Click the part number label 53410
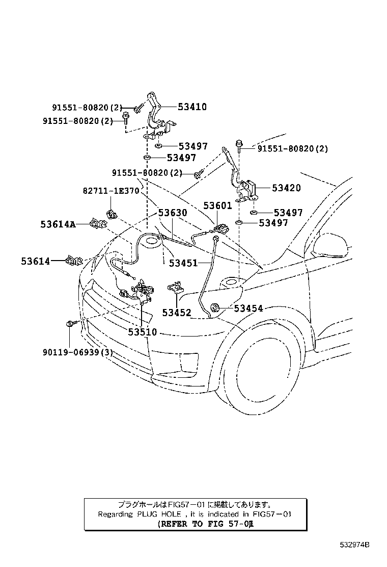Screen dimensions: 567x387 tap(192, 107)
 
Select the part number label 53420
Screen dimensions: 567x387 tap(286, 188)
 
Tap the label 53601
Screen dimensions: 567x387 tap(217, 206)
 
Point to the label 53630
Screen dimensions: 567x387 tap(172, 213)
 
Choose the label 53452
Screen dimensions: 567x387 tap(176, 313)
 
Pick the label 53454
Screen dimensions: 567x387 tap(248, 308)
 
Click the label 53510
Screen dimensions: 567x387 tap(142, 332)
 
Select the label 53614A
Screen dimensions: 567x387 tap(58, 224)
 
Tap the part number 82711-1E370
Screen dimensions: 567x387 tap(110, 191)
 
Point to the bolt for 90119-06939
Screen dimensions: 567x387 tap(71, 323)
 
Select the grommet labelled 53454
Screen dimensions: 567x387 tap(216, 307)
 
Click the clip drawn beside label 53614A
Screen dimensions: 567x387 tap(97, 223)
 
